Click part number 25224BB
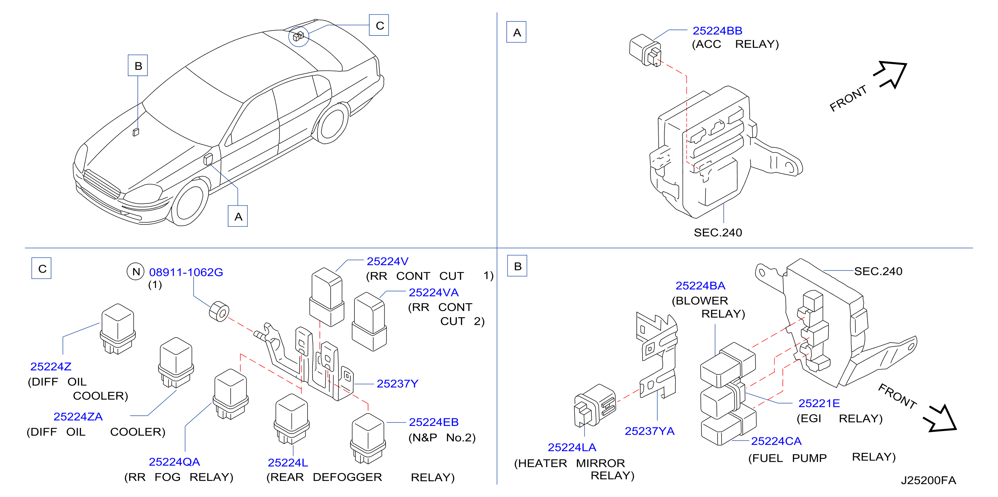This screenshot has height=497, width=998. point(717,30)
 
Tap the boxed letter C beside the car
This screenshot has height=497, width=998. point(379,25)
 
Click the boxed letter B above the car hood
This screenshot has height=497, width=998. point(138,66)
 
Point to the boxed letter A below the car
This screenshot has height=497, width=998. point(238,216)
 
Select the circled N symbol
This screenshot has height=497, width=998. point(136,271)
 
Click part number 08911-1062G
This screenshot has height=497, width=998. point(186,272)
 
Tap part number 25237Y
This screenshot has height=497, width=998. point(398,383)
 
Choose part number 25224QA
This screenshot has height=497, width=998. point(174,462)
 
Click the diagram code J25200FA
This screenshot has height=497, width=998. point(928,480)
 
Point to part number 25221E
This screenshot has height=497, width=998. point(819,403)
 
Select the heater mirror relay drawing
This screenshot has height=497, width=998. point(595,406)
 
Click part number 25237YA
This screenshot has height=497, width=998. point(649,431)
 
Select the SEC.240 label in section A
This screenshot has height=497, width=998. point(718,233)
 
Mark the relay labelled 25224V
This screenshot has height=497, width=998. point(327,297)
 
